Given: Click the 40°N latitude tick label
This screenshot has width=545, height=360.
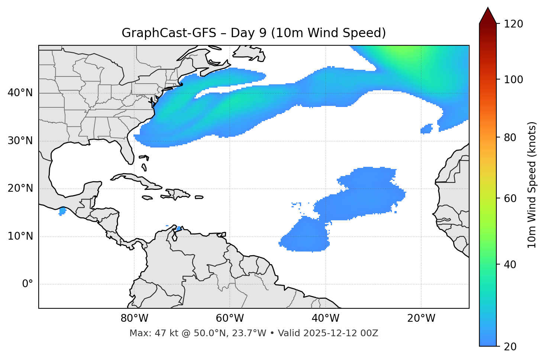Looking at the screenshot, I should click(x=20, y=93).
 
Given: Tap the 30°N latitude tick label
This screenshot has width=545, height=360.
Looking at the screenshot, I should click(x=20, y=141).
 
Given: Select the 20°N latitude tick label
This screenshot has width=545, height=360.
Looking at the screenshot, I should click(x=20, y=188).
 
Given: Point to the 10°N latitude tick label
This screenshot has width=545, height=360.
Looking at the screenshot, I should click(x=20, y=236).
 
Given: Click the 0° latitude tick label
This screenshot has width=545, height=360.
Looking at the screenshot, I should click(x=28, y=284).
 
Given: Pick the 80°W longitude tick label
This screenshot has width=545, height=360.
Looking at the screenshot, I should click(x=134, y=318).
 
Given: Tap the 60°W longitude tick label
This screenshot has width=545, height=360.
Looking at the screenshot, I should click(x=230, y=318).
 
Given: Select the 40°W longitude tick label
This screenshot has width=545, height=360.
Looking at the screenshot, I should click(x=326, y=318).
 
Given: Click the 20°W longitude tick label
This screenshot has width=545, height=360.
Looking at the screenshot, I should click(x=421, y=318).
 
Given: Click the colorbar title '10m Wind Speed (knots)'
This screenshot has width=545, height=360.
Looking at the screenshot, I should click(x=532, y=185).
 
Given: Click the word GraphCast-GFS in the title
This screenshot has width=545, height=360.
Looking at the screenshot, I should click(x=169, y=33).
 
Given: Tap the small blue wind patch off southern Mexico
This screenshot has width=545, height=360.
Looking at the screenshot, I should click(x=62, y=211).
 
